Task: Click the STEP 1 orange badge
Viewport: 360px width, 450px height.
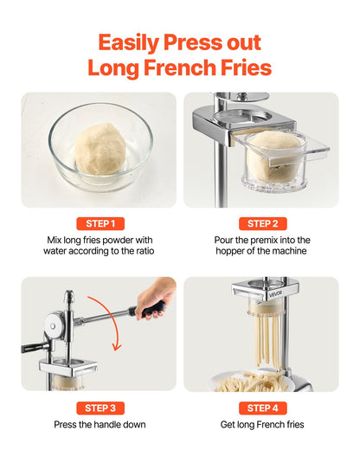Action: [100, 223]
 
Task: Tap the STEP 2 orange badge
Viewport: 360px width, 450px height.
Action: [261, 223]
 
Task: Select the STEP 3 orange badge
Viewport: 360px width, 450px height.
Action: [100, 407]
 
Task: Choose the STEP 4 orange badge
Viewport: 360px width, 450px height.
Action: [261, 407]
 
